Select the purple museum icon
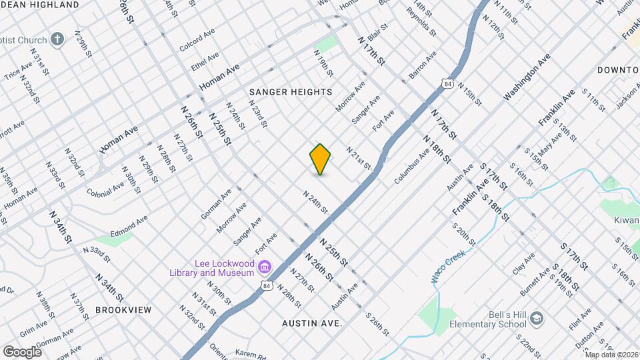[265, 267]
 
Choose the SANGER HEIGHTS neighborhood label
[291, 91]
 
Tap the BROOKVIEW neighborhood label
[123, 310]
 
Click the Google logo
[22, 351]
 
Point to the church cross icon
[57, 39]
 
